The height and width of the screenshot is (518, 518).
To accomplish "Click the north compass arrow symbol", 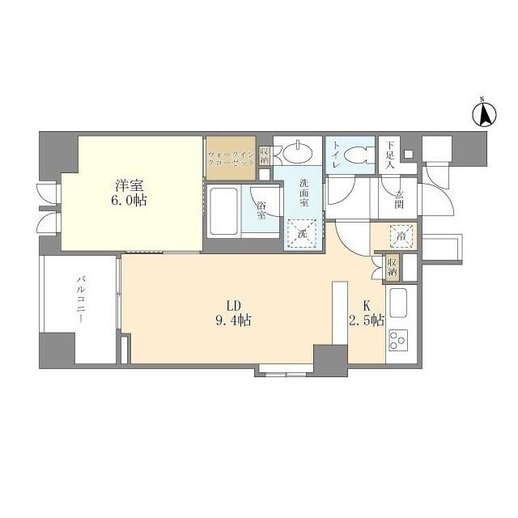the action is click(484, 114).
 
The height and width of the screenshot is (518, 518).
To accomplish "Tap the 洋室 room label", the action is click(129, 185).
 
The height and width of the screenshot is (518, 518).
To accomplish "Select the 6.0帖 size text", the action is click(129, 201).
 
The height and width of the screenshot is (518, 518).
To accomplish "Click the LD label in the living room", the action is click(234, 306).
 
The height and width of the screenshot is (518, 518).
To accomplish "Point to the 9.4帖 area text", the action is click(234, 321).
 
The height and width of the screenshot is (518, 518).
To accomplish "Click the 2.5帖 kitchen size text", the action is click(367, 320).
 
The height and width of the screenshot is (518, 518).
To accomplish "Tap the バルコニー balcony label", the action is click(81, 300).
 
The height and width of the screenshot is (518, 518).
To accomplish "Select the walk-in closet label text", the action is click(231, 159).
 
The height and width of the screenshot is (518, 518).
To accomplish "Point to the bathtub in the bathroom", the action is click(223, 211).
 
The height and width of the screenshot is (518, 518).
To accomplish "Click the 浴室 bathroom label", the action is click(261, 210).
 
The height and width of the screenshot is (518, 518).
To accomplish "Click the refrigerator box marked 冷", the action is click(401, 236).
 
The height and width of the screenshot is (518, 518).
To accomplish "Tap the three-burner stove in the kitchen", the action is click(398, 340).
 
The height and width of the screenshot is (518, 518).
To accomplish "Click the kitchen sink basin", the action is click(398, 303).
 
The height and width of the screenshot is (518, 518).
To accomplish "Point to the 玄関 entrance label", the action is click(399, 200).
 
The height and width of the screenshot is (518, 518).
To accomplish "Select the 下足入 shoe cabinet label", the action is click(390, 155).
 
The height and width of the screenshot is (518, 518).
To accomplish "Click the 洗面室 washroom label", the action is click(304, 193).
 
